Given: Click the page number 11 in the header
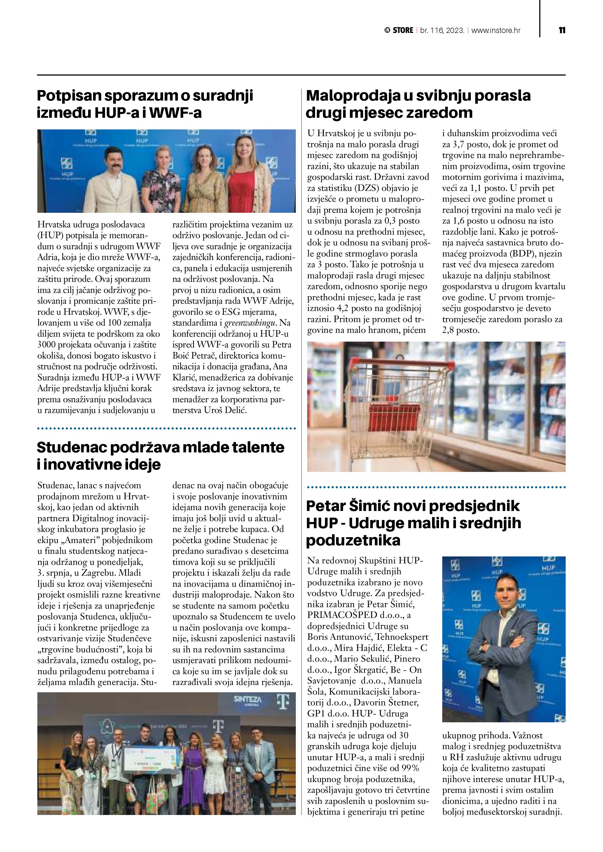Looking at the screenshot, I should pos(562,30).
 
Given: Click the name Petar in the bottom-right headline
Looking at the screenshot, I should pos(326,506).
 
